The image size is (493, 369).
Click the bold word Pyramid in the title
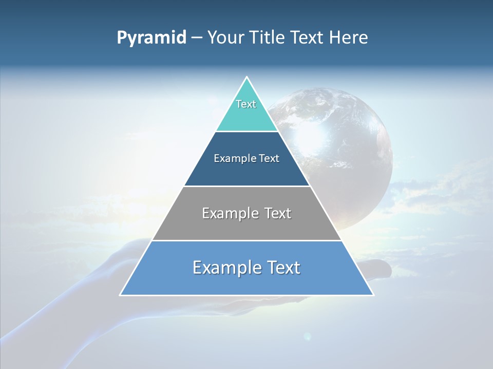151,38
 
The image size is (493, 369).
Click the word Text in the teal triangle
246,104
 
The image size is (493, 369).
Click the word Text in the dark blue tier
269,159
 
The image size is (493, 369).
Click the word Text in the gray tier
278,213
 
